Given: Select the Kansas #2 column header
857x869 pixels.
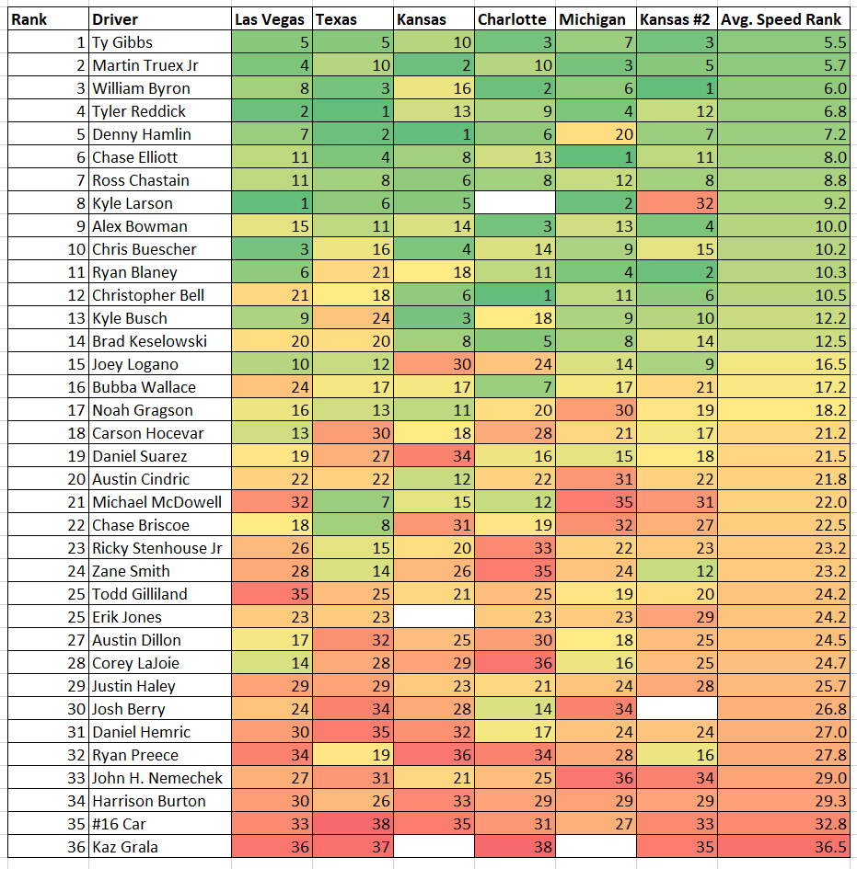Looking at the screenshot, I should coord(677,19).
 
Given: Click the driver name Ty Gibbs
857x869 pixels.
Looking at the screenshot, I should coord(122,42).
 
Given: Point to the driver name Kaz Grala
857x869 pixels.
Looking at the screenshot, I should coord(124,847).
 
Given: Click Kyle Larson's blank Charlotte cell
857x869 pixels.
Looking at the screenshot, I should coord(515,203).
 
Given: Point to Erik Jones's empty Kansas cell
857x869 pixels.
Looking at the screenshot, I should coord(434,617).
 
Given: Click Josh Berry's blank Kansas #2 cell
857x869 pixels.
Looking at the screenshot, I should coord(677,709).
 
